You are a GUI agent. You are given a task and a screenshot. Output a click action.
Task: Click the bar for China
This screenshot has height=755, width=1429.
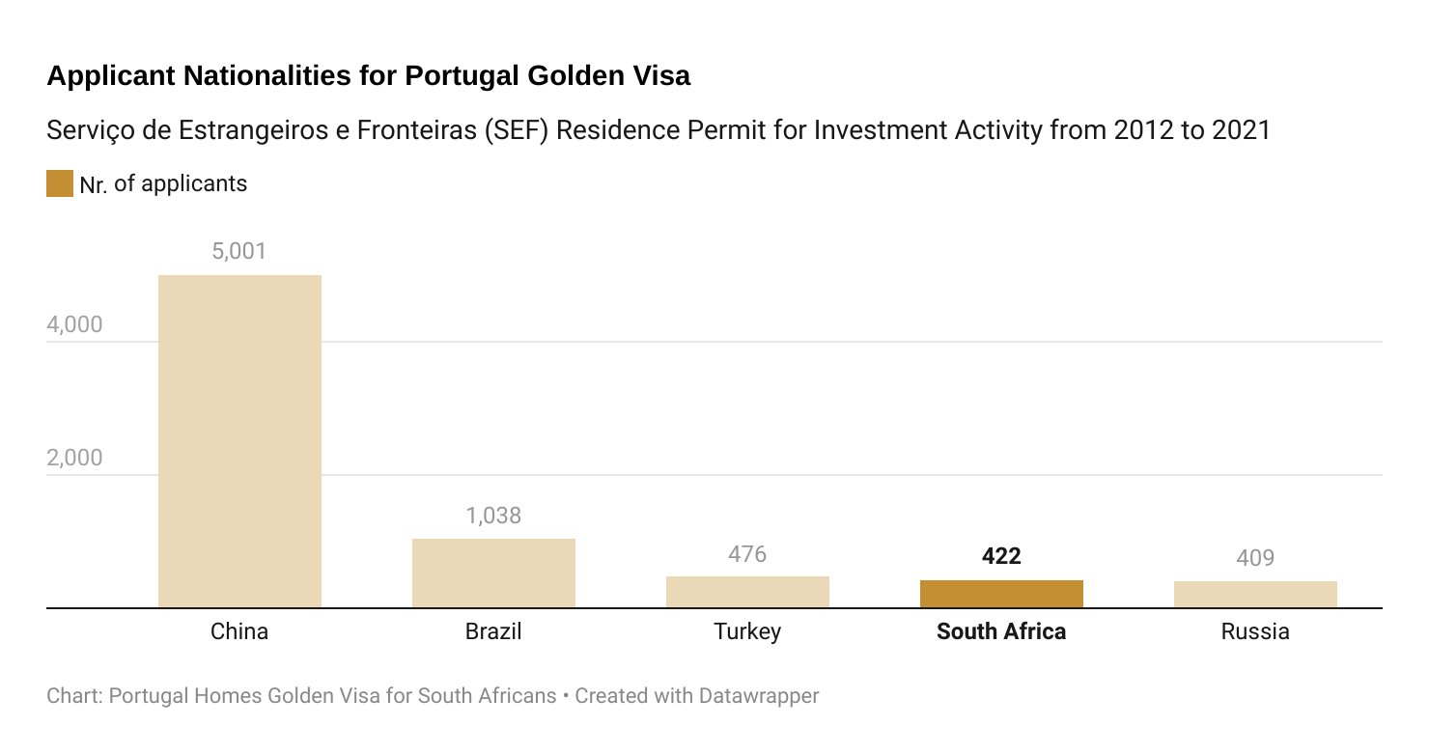[x=239, y=441]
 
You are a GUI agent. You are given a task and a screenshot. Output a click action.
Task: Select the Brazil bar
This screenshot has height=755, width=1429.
[x=493, y=573]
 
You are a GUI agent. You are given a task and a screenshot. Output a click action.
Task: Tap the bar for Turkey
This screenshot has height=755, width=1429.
[x=747, y=592]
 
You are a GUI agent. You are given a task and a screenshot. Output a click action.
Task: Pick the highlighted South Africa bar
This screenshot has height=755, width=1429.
[x=1001, y=594]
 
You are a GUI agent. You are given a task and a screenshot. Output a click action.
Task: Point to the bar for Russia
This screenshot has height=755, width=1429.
[x=1255, y=595]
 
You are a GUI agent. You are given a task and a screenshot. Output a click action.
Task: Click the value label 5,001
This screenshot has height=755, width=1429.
[x=238, y=252]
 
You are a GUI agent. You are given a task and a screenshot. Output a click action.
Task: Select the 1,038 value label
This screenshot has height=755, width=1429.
[x=493, y=516]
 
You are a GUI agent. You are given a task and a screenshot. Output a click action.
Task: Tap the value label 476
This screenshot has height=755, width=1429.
[x=747, y=554]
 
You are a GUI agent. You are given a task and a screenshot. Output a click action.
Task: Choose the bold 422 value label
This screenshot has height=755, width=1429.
[x=1001, y=556]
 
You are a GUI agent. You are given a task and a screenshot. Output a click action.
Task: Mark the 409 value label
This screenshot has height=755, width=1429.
[x=1255, y=558]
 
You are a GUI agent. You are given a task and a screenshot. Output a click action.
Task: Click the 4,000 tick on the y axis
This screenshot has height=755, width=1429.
[x=74, y=325]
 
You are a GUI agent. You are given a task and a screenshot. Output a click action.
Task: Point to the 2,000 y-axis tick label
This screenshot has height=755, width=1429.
[x=74, y=459]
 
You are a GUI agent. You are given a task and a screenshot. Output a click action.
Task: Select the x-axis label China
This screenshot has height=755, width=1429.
[x=239, y=632]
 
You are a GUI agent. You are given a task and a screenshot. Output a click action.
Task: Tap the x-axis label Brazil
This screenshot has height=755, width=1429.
[x=493, y=632]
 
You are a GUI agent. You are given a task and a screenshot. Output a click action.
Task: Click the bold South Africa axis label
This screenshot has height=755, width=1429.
[x=1001, y=632]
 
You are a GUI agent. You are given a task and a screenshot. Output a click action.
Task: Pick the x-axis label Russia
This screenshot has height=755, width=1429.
[x=1255, y=632]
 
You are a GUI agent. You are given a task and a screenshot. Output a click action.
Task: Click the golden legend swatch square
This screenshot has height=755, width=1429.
[x=60, y=183]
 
